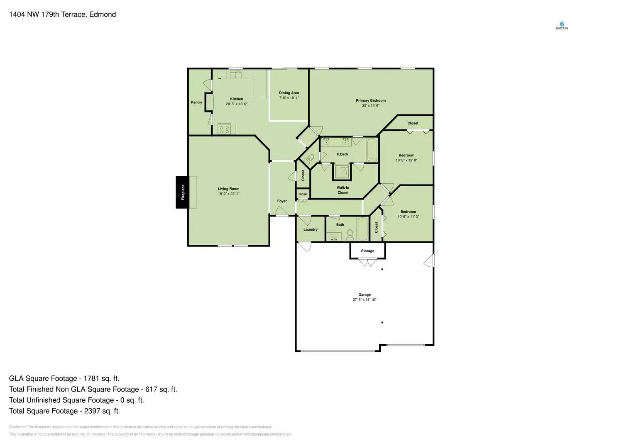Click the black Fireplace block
pos(182,192)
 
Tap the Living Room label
pos(228,189)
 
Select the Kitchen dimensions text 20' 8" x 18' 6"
pos(237,104)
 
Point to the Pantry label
pos(196,102)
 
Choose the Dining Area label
pos(289,93)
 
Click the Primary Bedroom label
pos(370,100)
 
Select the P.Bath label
pos(342,154)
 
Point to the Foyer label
pos(282,201)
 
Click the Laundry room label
pos(310,229)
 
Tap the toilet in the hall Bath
pos(350,235)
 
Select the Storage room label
pos(367,251)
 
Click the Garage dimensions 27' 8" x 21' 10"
pos(365,299)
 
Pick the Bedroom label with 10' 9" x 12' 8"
pos(406,155)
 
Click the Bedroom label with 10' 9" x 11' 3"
pos(408,212)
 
